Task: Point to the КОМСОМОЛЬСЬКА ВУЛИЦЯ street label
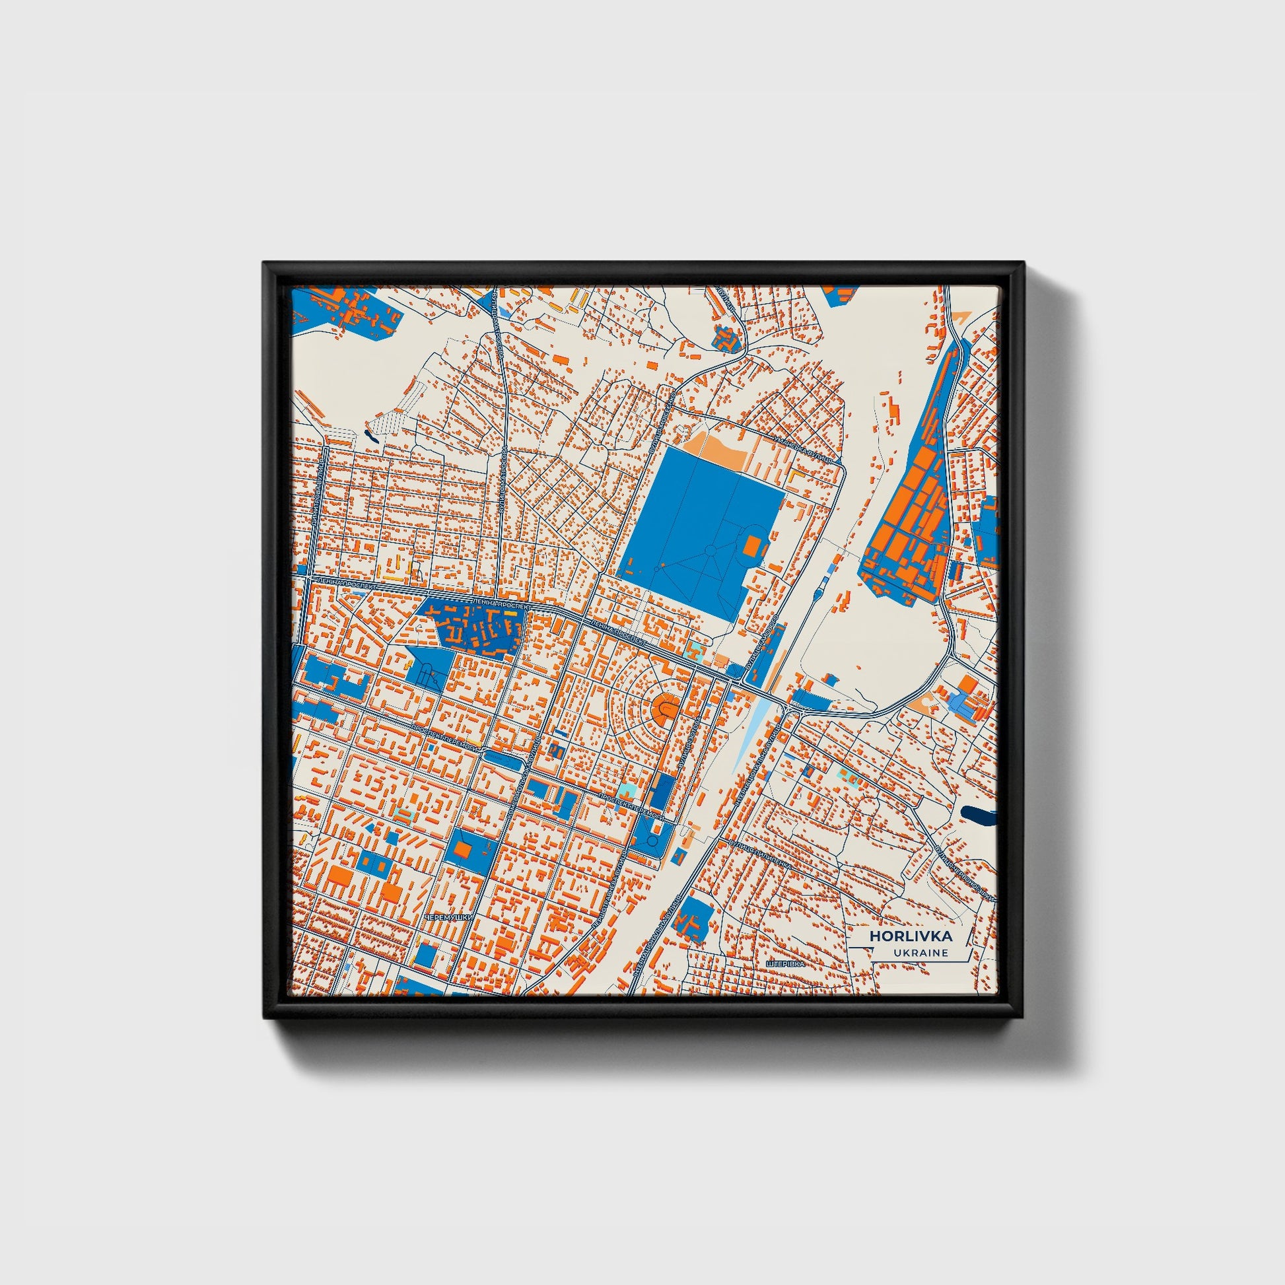(x=520, y=771)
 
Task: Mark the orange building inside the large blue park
(x=751, y=547)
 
